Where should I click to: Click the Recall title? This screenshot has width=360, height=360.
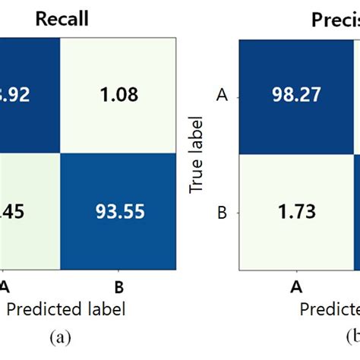62,19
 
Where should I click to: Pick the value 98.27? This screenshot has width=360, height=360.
293,96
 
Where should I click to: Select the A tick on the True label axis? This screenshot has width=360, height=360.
223,96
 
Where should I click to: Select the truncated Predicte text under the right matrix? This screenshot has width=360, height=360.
329,308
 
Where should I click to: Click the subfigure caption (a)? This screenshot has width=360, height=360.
62,336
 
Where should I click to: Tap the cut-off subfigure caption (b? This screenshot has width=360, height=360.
351,336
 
